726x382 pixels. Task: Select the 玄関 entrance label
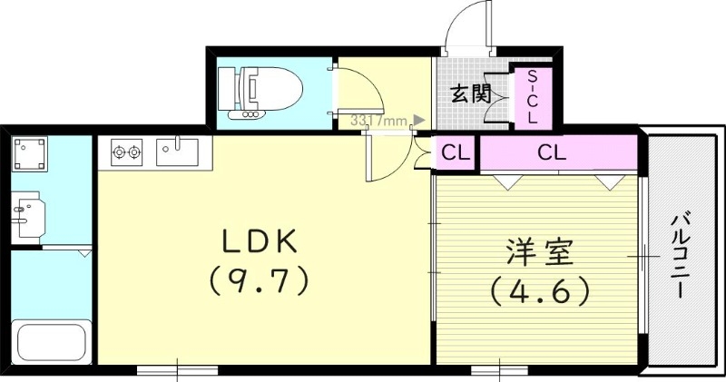[x=471, y=93]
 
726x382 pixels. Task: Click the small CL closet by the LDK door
[x=456, y=152]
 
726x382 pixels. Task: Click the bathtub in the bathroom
[x=51, y=343]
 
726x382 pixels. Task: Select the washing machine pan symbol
[x=30, y=154]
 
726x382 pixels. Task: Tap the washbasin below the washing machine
[x=27, y=214]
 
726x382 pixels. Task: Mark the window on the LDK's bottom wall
[x=177, y=369]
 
